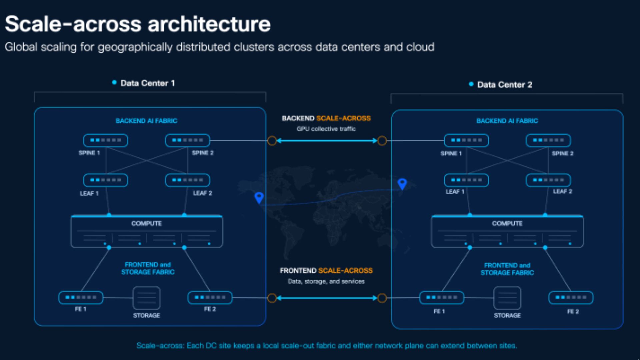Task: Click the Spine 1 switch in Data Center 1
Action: click(x=105, y=140)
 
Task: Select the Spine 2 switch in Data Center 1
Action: click(x=187, y=140)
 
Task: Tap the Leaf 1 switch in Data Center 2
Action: click(x=466, y=180)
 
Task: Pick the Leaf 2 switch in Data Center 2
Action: click(x=548, y=180)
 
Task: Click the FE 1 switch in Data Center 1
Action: click(x=81, y=297)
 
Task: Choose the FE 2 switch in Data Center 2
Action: click(x=571, y=297)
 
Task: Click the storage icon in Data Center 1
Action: click(x=146, y=298)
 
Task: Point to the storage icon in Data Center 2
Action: click(x=507, y=298)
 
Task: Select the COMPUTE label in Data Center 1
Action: click(x=146, y=223)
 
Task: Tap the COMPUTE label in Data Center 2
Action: click(x=507, y=223)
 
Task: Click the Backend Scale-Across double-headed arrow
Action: click(x=327, y=141)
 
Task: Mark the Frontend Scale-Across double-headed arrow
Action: click(x=327, y=298)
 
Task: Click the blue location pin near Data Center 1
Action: click(x=259, y=198)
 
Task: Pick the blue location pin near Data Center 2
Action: click(x=402, y=184)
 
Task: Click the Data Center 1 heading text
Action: click(x=148, y=83)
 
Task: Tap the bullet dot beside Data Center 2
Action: click(x=471, y=84)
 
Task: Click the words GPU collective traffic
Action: click(x=326, y=129)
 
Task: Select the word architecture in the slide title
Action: click(x=209, y=24)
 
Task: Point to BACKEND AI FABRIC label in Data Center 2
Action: click(x=507, y=121)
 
